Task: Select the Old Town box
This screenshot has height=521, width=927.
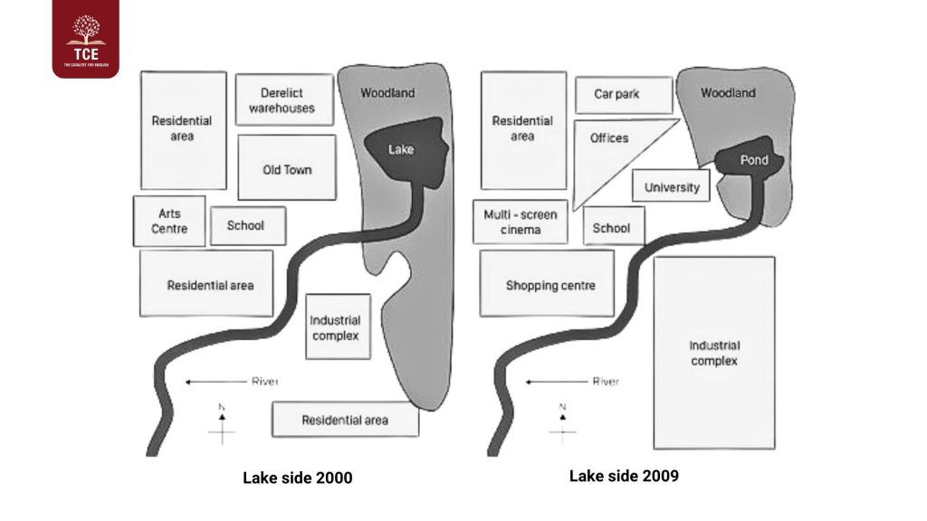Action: (x=286, y=168)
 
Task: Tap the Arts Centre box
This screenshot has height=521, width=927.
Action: (x=169, y=221)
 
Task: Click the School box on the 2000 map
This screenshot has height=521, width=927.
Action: (x=247, y=225)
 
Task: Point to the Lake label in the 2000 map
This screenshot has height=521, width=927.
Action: (x=400, y=149)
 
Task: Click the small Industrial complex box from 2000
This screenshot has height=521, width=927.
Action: (x=336, y=327)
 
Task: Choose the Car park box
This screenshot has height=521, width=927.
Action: (x=623, y=95)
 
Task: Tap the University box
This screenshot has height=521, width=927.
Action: (x=671, y=187)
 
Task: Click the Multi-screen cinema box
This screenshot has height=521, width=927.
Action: (x=520, y=222)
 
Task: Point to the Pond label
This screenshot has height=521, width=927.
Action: (x=753, y=161)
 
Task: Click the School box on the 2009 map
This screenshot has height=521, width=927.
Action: (x=613, y=227)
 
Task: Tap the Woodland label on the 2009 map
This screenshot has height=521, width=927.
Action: (x=727, y=93)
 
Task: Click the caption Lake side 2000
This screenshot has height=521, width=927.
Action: (x=297, y=478)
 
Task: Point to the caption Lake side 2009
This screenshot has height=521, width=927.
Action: (x=624, y=476)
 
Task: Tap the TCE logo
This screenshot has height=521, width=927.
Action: (x=85, y=39)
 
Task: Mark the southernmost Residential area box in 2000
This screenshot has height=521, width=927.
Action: (x=345, y=420)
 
